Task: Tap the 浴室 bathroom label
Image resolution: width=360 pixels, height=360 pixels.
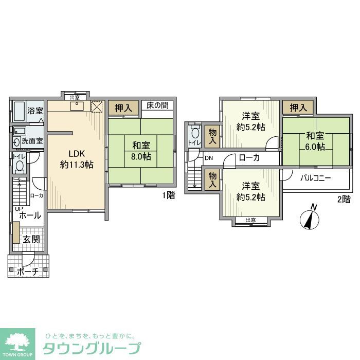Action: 34,111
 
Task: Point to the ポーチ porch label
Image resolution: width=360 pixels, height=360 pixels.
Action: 28,272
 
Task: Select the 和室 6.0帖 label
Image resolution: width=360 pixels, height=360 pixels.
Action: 315,141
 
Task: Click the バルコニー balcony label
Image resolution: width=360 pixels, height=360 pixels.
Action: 316,178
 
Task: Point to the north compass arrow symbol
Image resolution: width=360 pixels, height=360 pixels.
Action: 310,218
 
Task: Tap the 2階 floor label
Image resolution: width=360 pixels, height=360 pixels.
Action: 344,199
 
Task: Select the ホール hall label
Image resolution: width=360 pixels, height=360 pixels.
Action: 30,216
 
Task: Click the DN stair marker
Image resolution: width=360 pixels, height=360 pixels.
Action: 208,158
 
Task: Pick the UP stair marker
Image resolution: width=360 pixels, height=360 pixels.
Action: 19,208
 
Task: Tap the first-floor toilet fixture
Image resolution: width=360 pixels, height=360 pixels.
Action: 20,167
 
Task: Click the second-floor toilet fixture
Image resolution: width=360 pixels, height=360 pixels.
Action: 194,133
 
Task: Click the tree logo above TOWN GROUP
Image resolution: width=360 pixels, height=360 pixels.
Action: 18,339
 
